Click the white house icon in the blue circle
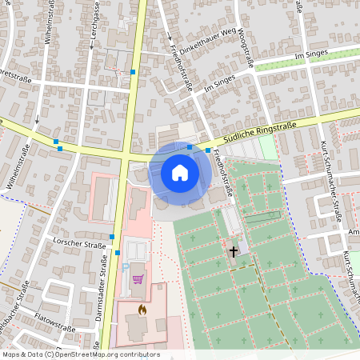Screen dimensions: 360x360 (180, 172)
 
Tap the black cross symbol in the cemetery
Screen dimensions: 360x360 (234, 251)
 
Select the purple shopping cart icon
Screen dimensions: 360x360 (138, 279)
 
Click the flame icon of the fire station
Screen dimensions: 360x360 (142, 309)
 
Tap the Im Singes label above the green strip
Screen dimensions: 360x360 (312, 54)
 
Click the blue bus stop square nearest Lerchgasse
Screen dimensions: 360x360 (133, 72)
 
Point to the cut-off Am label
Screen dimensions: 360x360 (353, 232)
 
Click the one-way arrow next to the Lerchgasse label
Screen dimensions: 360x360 (93, 46)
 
